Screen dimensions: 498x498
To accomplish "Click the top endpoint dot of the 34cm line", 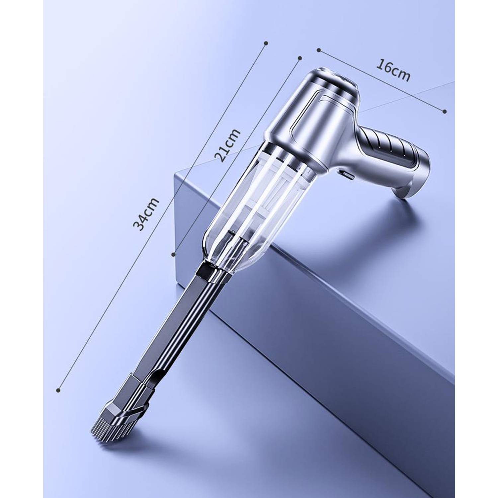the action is pyautogui.click(x=266, y=43).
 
